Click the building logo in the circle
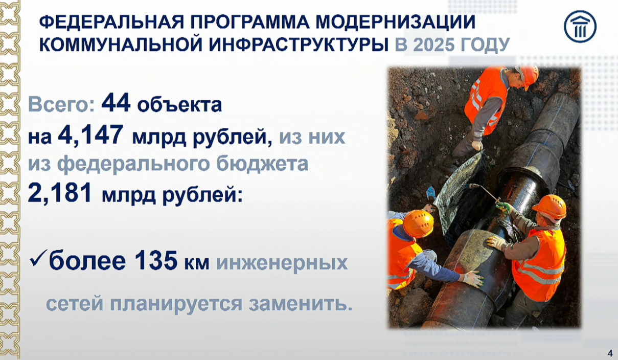pyautogui.click(x=580, y=27)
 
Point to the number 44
pyautogui.click(x=116, y=103)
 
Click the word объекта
pyautogui.click(x=179, y=105)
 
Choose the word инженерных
pyautogui.click(x=282, y=263)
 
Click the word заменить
pyautogui.click(x=301, y=304)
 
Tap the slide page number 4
pyautogui.click(x=610, y=353)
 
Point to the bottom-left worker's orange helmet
pyautogui.click(x=418, y=223)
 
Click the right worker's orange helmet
pyautogui.click(x=550, y=207)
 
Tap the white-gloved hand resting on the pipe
pyautogui.click(x=473, y=279)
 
